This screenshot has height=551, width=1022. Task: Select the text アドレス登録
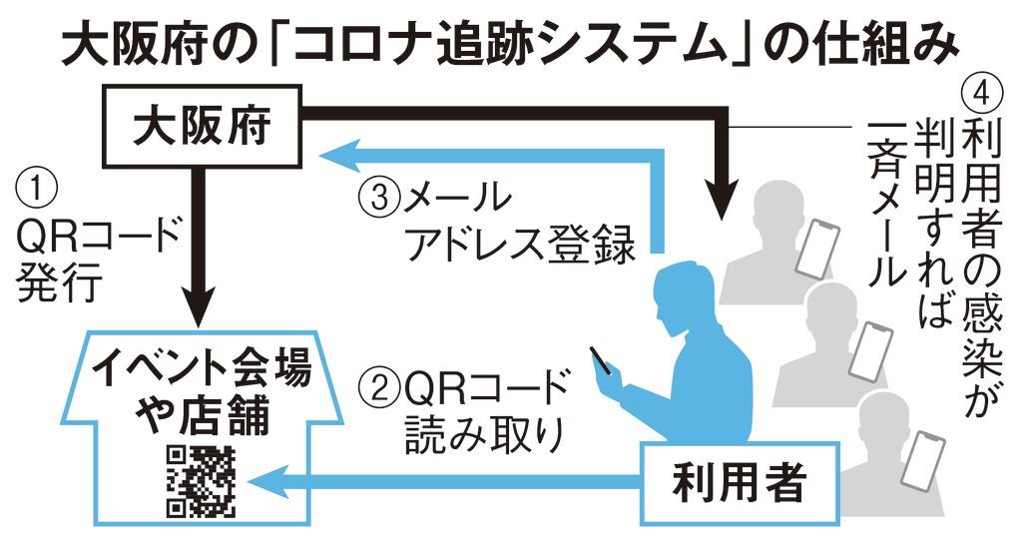tap(519, 245)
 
